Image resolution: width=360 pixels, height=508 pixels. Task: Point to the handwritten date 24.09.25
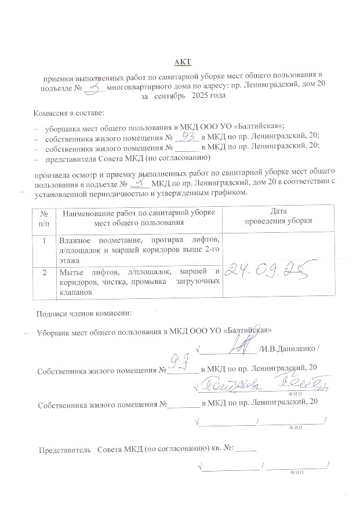click(x=273, y=269)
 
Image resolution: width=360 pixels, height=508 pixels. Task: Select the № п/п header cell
click(x=44, y=217)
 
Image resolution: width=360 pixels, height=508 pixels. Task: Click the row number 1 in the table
click(x=44, y=239)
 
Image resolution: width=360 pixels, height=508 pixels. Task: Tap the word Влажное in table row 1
click(x=74, y=239)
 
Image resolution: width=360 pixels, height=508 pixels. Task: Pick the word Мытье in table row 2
click(x=71, y=272)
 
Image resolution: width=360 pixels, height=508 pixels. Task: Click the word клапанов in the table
click(x=76, y=293)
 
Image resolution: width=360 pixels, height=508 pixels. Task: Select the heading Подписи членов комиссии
click(x=84, y=313)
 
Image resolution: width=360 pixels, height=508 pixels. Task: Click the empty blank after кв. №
click(x=246, y=449)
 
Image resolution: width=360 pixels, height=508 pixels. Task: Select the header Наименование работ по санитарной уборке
click(x=138, y=213)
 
